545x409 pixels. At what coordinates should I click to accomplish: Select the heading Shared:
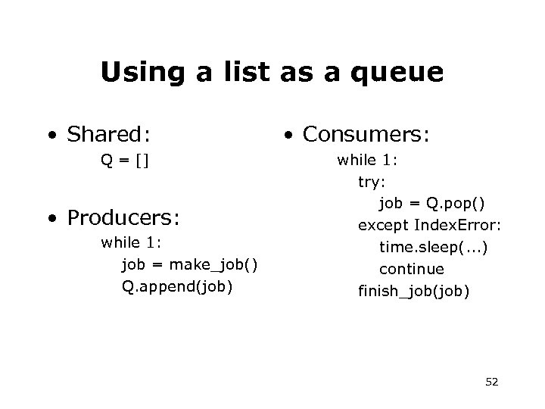click(x=108, y=135)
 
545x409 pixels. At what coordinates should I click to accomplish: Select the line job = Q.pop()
click(x=432, y=203)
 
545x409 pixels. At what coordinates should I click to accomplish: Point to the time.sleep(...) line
click(x=433, y=247)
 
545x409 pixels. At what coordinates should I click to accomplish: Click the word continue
click(x=412, y=268)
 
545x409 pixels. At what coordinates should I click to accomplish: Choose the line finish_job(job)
click(x=413, y=290)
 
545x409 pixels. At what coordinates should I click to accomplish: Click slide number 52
click(x=492, y=382)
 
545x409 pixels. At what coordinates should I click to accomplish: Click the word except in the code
click(x=384, y=225)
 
